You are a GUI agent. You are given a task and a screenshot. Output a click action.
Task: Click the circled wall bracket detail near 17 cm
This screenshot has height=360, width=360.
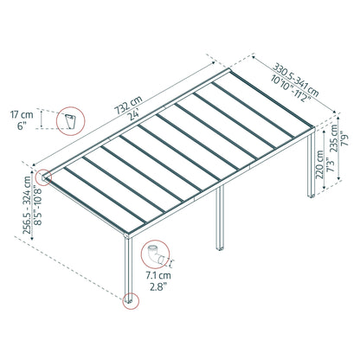(68, 122)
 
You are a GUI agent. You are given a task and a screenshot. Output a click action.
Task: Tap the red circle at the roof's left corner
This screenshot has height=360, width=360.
(43, 177)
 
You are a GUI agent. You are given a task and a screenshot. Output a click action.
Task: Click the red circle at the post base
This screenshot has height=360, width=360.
(131, 301)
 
